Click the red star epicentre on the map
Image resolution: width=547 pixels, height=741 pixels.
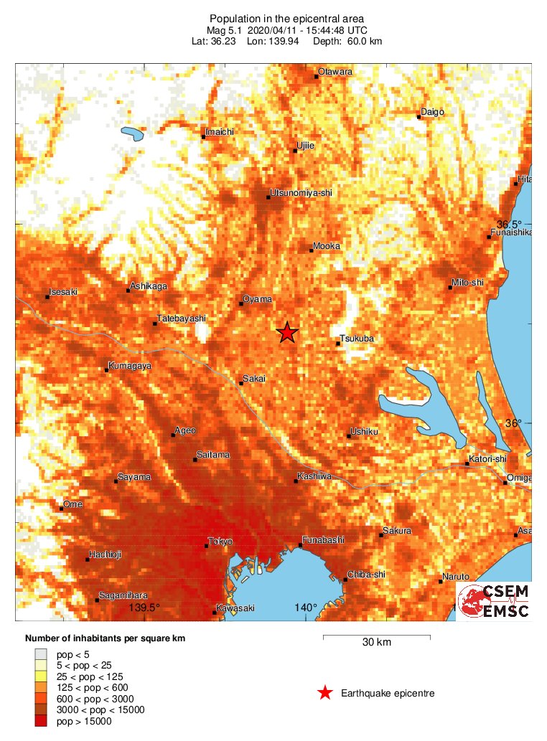(x=287, y=332)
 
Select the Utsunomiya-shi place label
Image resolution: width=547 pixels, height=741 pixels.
(x=301, y=193)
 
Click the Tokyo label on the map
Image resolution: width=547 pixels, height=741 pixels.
(x=220, y=541)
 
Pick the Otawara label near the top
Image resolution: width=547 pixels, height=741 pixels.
(x=335, y=72)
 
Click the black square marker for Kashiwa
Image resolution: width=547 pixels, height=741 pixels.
(x=296, y=481)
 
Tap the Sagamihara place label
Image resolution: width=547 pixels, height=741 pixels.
(x=123, y=595)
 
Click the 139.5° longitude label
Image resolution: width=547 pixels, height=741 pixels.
(x=144, y=608)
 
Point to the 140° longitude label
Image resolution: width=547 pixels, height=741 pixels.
(x=306, y=608)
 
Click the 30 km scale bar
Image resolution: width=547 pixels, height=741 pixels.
(x=376, y=636)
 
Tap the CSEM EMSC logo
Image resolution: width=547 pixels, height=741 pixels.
(x=494, y=601)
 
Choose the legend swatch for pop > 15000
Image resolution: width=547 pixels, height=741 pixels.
(x=42, y=721)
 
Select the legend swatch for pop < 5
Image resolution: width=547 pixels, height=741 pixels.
(x=42, y=654)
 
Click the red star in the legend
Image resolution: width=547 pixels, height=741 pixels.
(x=325, y=693)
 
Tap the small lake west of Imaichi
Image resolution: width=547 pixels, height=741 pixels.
(x=132, y=133)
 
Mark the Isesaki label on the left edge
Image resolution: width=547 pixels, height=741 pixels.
(x=63, y=292)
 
